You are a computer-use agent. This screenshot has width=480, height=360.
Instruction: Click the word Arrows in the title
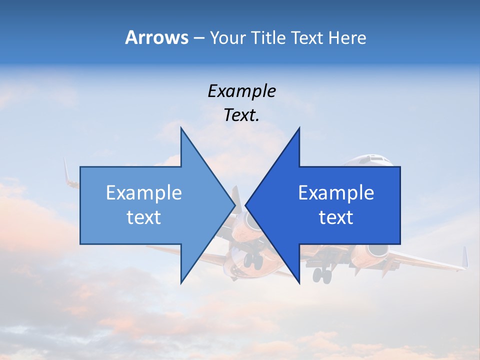click(156, 37)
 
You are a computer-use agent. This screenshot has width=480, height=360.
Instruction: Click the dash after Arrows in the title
click(198, 38)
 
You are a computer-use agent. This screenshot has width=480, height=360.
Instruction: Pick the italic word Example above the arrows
click(241, 91)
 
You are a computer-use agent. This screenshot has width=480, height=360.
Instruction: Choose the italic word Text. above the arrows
click(241, 115)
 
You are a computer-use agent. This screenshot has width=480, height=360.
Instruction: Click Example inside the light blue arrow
click(143, 192)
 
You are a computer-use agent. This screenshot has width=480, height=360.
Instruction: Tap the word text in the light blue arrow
click(143, 217)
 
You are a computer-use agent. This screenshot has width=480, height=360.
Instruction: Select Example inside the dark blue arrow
click(336, 192)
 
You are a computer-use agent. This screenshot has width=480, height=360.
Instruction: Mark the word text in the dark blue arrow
click(336, 217)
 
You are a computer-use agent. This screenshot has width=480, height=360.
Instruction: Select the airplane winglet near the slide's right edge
click(464, 257)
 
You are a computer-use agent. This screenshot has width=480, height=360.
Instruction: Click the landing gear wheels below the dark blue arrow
click(321, 274)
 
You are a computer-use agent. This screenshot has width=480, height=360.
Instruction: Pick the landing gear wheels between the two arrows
click(252, 260)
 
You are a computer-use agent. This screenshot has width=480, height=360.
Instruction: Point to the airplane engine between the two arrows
click(239, 225)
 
